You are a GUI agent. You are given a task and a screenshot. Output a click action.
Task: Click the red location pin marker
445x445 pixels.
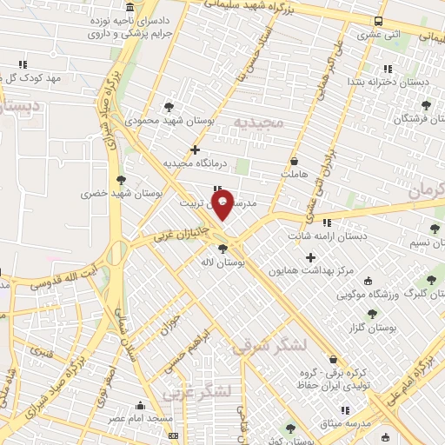click(x=223, y=206)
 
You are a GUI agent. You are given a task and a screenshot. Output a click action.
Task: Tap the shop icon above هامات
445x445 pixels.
click(x=294, y=161)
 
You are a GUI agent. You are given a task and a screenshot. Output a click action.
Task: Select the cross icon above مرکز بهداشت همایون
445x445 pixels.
click(x=311, y=257)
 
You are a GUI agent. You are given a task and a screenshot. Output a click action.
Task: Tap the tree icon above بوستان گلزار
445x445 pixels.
click(x=372, y=315)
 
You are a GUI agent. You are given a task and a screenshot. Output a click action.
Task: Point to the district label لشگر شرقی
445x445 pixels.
click(x=269, y=345)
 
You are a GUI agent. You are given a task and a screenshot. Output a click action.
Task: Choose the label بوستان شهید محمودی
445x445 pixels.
click(x=163, y=120)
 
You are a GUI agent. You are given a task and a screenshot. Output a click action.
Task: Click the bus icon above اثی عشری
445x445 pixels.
click(x=378, y=22)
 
